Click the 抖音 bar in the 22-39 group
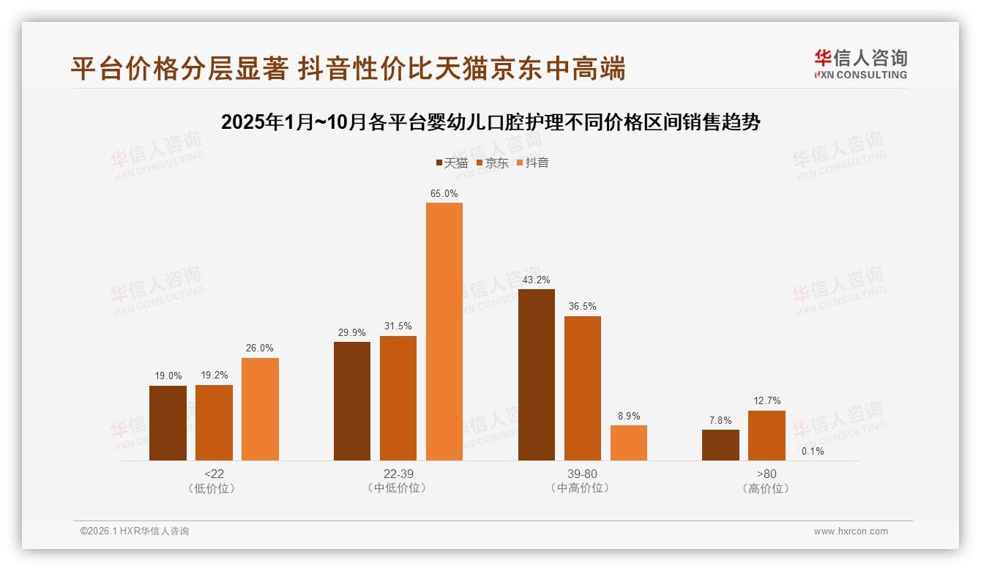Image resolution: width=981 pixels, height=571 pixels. (444, 331)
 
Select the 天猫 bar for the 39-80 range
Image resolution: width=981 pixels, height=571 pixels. (537, 374)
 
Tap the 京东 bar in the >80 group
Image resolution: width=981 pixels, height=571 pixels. (766, 436)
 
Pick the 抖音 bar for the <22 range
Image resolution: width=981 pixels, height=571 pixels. (260, 408)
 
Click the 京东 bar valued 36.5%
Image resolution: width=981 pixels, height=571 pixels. (583, 388)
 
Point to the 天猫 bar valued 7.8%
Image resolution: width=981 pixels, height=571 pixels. (720, 445)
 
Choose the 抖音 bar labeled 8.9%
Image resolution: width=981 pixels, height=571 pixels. (629, 443)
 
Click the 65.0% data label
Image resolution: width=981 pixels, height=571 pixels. (444, 194)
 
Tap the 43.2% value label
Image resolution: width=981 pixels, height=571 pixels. (537, 280)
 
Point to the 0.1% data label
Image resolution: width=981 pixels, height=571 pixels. (813, 452)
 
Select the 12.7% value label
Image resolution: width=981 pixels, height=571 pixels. (766, 401)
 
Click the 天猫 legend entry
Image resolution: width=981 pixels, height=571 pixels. (452, 163)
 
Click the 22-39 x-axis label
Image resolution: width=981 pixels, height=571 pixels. (398, 474)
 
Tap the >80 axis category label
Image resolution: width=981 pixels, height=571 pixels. (766, 474)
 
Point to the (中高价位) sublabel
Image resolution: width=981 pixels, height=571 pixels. (582, 488)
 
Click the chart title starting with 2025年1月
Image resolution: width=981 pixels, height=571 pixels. (490, 122)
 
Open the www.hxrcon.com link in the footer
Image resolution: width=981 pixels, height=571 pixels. (851, 531)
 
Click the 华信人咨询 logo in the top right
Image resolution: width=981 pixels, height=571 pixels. (860, 64)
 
